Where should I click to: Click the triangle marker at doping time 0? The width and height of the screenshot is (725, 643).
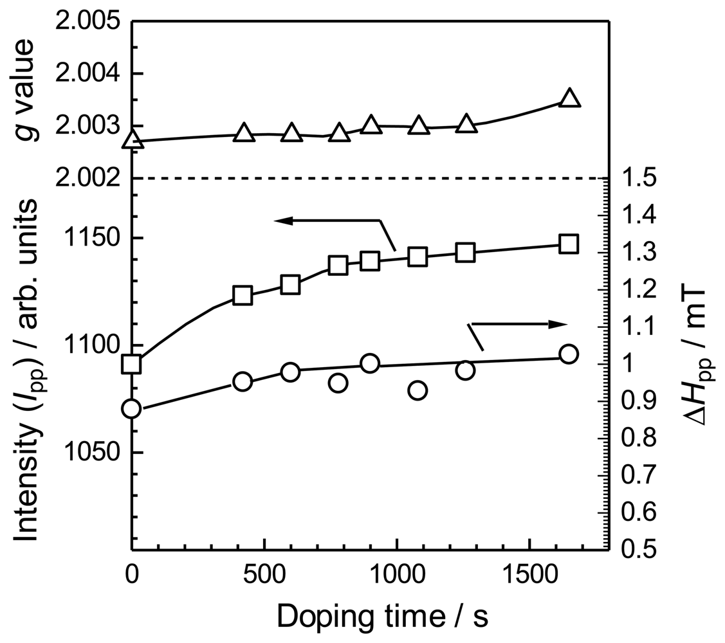[x=132, y=139]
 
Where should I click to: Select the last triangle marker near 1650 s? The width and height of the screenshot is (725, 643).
[x=569, y=98]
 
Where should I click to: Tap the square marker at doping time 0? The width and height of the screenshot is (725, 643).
[x=132, y=364]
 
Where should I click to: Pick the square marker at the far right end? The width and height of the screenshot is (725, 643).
[x=569, y=244]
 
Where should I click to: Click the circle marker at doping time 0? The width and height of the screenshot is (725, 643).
[x=132, y=408]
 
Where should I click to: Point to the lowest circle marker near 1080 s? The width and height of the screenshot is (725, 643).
[x=418, y=390]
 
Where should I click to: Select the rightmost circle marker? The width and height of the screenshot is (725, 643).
[x=569, y=354]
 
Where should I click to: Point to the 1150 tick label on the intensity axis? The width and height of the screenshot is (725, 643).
[x=97, y=239]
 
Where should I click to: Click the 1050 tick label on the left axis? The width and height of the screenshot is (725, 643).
[x=97, y=453]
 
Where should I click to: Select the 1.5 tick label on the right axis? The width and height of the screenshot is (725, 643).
[x=638, y=179]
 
